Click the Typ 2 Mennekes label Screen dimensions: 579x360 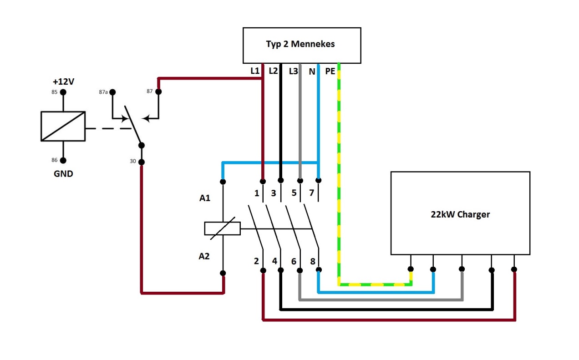pyautogui.click(x=300, y=44)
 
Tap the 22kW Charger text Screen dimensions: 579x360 pyautogui.click(x=460, y=214)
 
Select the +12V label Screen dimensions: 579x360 pyautogui.click(x=63, y=81)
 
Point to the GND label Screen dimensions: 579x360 pyautogui.click(x=63, y=174)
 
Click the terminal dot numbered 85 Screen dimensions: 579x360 pyautogui.click(x=63, y=92)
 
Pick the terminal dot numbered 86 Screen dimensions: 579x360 pyautogui.click(x=63, y=161)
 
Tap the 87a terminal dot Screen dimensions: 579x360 pyautogui.click(x=112, y=92)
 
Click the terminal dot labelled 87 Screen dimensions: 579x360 pyautogui.click(x=158, y=91)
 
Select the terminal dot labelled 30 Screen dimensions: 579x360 pyautogui.click(x=142, y=162)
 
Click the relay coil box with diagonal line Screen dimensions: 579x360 pyautogui.click(x=63, y=127)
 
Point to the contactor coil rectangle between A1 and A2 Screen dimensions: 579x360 pyautogui.click(x=223, y=228)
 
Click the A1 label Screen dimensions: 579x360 pyautogui.click(x=205, y=198)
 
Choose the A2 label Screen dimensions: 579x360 pyautogui.click(x=204, y=256)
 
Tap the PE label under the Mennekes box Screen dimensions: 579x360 pyautogui.click(x=330, y=71)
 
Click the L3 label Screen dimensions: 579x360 pyautogui.click(x=294, y=71)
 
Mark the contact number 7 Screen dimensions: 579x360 pyautogui.click(x=311, y=193)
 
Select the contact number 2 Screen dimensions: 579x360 pyautogui.click(x=256, y=261)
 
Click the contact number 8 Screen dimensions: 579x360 pyautogui.click(x=313, y=262)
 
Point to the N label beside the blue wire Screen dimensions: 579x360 pyautogui.click(x=312, y=71)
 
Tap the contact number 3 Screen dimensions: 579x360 pyautogui.click(x=274, y=193)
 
